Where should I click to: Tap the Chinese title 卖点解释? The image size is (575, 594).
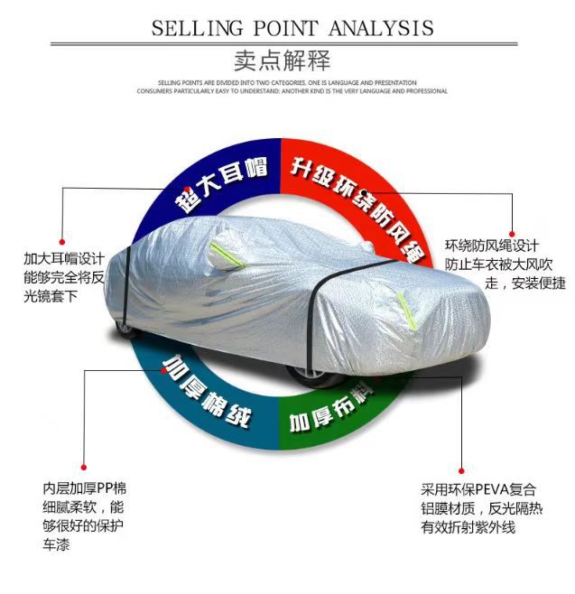point(287,61)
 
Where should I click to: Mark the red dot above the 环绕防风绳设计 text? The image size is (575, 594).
point(512,234)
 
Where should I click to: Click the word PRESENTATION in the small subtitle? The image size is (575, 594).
point(393,82)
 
